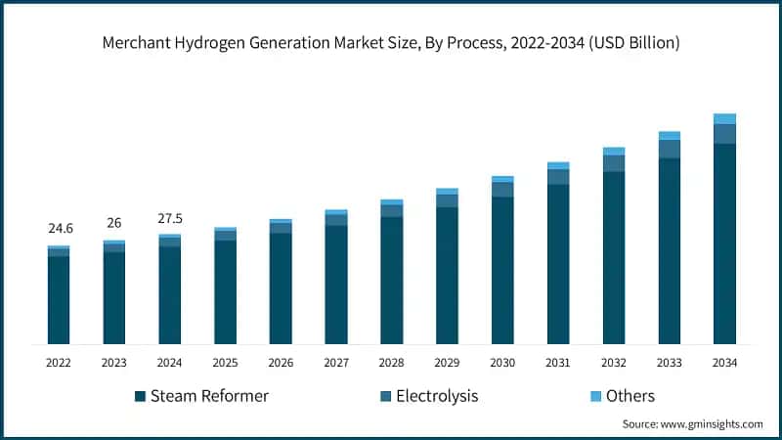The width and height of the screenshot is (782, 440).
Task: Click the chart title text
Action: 391,43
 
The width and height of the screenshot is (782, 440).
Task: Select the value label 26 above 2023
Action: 114,223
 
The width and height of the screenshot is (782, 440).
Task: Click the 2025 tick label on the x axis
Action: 225,363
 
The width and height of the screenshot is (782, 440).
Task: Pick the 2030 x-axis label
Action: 502,363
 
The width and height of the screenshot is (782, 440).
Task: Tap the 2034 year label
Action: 724,363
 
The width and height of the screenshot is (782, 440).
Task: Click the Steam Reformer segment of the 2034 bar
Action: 724,244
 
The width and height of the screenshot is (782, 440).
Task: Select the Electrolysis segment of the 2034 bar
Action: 724,134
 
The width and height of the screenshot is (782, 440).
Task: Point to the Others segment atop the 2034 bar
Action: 724,118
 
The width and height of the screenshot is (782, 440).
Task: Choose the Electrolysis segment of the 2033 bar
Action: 669,149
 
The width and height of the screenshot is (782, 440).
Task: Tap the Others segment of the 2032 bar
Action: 614,152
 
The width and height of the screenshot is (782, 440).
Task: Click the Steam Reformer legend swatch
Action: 141,396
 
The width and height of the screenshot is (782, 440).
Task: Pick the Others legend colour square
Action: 590,396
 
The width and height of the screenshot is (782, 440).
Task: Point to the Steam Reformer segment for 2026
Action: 281,288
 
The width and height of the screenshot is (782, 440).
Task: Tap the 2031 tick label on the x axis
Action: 558,363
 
